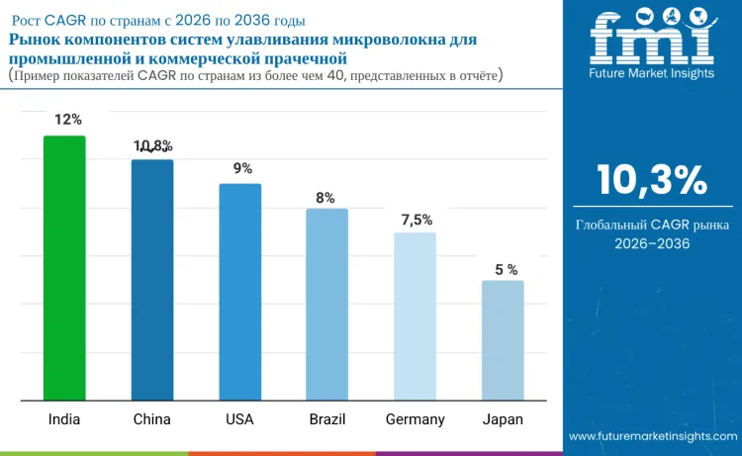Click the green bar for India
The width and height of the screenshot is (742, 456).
pyautogui.click(x=64, y=268)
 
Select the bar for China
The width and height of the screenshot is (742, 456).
pyautogui.click(x=152, y=280)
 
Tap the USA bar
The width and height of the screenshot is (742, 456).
pyautogui.click(x=240, y=293)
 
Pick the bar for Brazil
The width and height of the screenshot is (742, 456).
pyautogui.click(x=327, y=305)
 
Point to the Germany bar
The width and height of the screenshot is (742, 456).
pyautogui.click(x=415, y=317)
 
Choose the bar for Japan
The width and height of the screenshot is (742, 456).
pyautogui.click(x=503, y=340)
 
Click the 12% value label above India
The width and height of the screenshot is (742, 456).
pyautogui.click(x=68, y=120)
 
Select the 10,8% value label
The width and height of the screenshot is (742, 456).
pyautogui.click(x=152, y=146)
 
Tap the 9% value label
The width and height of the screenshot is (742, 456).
pyautogui.click(x=242, y=168)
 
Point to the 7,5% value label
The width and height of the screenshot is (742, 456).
pyautogui.click(x=417, y=220)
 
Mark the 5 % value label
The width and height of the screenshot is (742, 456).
pyautogui.click(x=507, y=270)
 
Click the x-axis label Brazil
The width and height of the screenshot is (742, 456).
pyautogui.click(x=327, y=419)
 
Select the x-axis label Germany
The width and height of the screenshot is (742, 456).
pyautogui.click(x=415, y=419)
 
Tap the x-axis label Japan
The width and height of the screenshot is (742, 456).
pyautogui.click(x=503, y=419)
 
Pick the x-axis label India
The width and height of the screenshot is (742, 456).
pyautogui.click(x=64, y=419)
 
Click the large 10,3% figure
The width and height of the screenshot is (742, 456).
pyautogui.click(x=652, y=180)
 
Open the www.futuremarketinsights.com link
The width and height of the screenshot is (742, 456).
pyautogui.click(x=653, y=436)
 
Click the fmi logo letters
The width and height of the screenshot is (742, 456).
pyautogui.click(x=652, y=37)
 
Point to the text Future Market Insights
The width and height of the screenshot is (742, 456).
pyautogui.click(x=652, y=73)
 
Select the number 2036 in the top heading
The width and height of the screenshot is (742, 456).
pyautogui.click(x=252, y=21)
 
